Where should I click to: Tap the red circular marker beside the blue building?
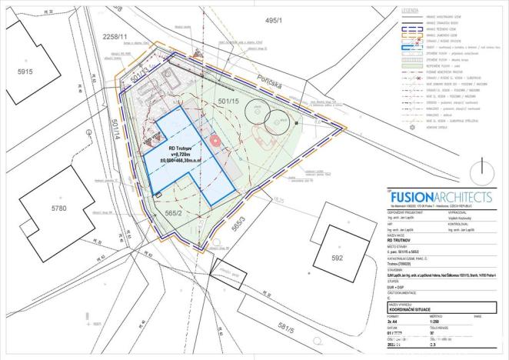coord(215,142)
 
